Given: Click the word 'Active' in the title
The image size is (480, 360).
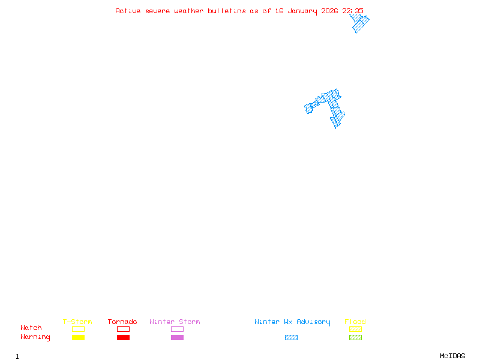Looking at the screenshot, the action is (128, 11).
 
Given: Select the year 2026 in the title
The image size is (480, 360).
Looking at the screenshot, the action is (329, 11).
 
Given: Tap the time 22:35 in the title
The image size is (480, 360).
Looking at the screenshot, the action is (353, 11).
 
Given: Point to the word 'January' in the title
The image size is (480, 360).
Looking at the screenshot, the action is (302, 11).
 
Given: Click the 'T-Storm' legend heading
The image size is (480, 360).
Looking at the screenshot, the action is (77, 322).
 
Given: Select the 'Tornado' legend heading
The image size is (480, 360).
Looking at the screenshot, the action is (122, 322).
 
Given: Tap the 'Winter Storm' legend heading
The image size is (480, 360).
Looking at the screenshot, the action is (175, 322).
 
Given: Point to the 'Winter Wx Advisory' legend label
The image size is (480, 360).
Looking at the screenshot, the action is (292, 322).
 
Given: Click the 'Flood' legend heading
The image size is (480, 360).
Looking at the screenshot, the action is (355, 322).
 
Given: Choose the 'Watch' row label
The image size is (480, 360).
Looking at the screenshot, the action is (31, 328).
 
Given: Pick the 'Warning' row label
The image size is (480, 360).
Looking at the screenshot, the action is (35, 337).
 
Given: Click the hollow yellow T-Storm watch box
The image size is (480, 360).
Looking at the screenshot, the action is (79, 329).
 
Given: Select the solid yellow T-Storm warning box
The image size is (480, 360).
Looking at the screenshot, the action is (79, 337).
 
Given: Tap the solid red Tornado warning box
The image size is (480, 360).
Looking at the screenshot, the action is (124, 337).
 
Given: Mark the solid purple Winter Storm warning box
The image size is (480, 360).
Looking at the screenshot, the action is (177, 337).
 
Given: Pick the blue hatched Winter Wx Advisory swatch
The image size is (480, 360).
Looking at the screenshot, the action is (291, 337).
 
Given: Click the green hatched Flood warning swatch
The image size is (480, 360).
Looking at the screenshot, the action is (355, 337).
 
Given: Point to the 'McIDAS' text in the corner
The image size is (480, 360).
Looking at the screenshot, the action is (452, 356).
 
